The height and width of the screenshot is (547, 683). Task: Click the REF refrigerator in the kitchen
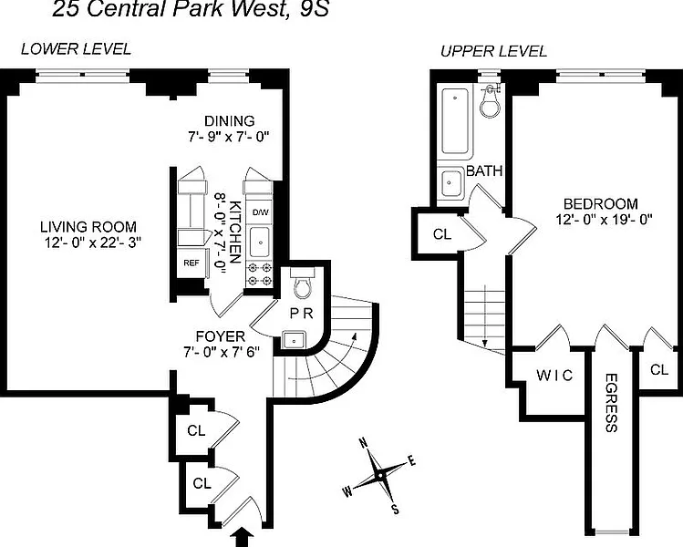tap(191, 263)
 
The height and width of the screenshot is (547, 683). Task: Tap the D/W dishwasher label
tap(261, 212)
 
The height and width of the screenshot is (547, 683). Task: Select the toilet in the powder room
tap(303, 283)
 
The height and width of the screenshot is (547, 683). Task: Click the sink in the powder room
tap(294, 340)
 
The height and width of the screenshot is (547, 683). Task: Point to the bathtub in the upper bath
tap(455, 121)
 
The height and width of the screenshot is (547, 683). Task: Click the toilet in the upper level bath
tap(492, 102)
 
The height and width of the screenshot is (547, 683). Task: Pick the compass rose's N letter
tap(362, 443)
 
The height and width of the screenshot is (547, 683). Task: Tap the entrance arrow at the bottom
tap(244, 537)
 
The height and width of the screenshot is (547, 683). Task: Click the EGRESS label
tap(611, 402)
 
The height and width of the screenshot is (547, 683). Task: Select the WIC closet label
tap(554, 375)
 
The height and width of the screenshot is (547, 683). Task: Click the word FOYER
tap(220, 336)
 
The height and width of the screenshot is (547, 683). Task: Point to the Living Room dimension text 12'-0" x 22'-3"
tap(93, 243)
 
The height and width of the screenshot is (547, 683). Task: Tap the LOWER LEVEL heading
tap(76, 49)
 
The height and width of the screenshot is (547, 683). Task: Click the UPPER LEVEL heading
tap(493, 51)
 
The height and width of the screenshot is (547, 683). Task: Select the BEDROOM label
tap(601, 203)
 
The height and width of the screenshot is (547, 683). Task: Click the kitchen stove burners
tap(260, 274)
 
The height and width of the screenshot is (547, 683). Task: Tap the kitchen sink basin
tap(261, 242)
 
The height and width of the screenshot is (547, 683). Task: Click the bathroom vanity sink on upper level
tap(451, 184)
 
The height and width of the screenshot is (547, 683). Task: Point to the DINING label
tap(230, 120)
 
